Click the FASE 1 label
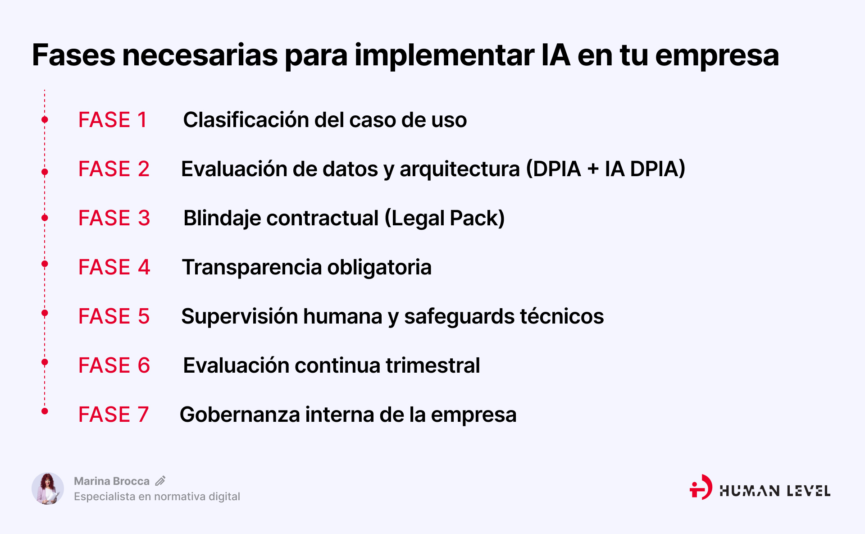(x=113, y=120)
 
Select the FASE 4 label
(x=114, y=267)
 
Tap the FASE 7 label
(x=113, y=415)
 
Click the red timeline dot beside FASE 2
(x=45, y=172)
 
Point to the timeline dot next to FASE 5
(x=45, y=313)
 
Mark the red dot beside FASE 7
(x=45, y=411)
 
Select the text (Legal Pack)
(x=445, y=218)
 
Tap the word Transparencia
(x=252, y=267)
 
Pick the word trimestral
(x=433, y=365)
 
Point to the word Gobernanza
(x=240, y=415)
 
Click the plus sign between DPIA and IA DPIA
(x=593, y=169)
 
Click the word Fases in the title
(x=73, y=55)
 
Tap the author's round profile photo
(x=48, y=488)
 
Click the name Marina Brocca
(x=112, y=481)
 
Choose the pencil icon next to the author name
(x=160, y=481)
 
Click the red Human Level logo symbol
(x=701, y=487)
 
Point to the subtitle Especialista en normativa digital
(x=157, y=497)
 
